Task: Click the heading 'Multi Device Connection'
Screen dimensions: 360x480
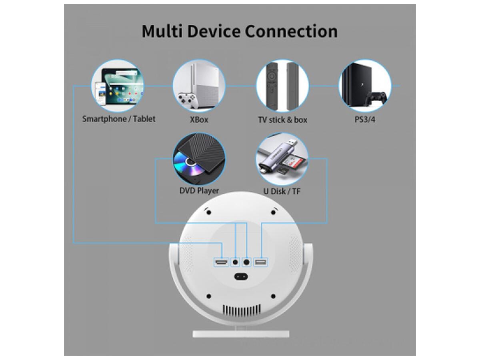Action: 240,31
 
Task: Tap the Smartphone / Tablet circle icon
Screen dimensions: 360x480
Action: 117,86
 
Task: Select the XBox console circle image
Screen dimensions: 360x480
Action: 199,86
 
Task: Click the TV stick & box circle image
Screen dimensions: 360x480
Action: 282,86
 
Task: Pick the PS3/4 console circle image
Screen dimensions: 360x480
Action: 365,86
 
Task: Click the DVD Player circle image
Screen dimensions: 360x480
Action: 199,159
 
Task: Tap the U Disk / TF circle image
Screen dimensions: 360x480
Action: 282,159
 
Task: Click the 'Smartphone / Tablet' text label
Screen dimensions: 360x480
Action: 119,119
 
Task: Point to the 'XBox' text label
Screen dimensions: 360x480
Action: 199,120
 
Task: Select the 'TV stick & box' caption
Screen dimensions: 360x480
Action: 282,120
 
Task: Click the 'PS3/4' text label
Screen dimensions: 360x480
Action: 365,120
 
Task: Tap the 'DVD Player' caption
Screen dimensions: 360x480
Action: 199,191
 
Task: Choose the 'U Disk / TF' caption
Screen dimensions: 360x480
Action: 282,191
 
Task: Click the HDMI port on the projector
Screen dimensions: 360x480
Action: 221,262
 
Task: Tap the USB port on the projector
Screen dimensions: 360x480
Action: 260,262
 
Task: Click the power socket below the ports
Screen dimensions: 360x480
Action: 241,276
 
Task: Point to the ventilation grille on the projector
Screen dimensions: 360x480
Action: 241,310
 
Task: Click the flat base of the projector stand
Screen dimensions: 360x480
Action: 241,333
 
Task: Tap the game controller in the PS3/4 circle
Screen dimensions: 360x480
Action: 377,98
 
